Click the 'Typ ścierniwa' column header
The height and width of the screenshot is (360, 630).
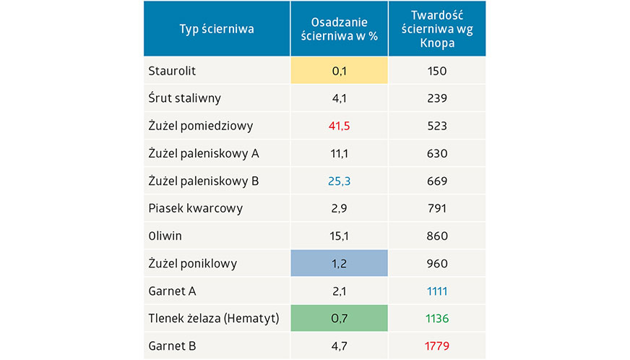click(x=217, y=29)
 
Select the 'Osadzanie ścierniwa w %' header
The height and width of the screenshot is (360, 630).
click(x=340, y=29)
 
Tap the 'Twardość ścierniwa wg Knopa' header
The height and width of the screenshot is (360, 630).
click(x=437, y=29)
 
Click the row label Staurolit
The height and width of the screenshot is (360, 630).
click(x=172, y=71)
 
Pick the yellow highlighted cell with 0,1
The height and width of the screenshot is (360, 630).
click(x=340, y=71)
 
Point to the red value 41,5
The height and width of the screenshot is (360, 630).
click(x=340, y=126)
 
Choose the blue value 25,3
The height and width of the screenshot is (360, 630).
click(x=340, y=181)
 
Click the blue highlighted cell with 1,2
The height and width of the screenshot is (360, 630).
click(x=340, y=263)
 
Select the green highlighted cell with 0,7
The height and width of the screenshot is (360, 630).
click(x=340, y=318)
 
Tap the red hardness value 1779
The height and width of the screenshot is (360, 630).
click(x=437, y=346)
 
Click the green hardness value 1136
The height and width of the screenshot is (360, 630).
click(x=437, y=318)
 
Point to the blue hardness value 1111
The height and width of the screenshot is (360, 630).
click(x=437, y=291)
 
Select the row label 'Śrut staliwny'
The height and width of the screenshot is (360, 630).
click(x=184, y=98)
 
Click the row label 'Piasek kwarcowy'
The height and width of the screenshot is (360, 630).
click(x=195, y=208)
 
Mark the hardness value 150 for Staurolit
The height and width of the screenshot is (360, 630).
click(x=437, y=71)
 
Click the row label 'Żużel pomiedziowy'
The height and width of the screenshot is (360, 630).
click(x=200, y=126)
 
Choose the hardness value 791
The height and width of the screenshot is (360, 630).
click(x=437, y=208)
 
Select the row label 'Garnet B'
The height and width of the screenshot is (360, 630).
click(x=172, y=346)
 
